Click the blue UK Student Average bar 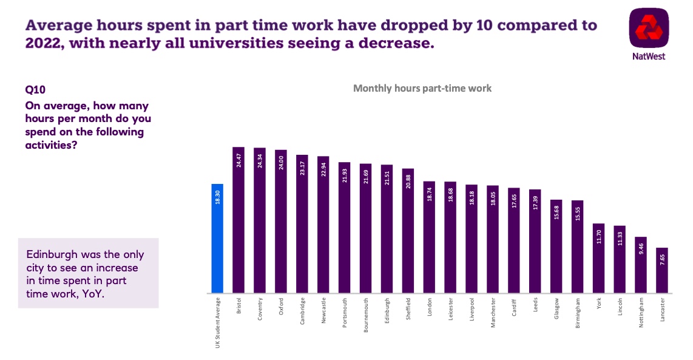[x=217, y=239]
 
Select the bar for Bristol [x=238, y=220]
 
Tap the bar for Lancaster [x=662, y=271]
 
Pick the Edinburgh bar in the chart [x=387, y=229]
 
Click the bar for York [x=598, y=259]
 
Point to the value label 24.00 [x=281, y=164]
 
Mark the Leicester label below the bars [x=450, y=310]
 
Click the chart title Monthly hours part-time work [x=422, y=88]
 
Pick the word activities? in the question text [x=51, y=145]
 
